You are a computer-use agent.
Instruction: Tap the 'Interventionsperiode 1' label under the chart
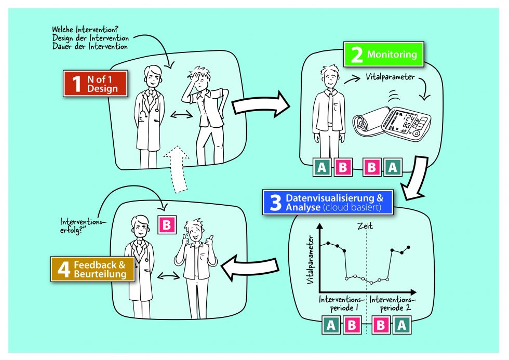[341, 304]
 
